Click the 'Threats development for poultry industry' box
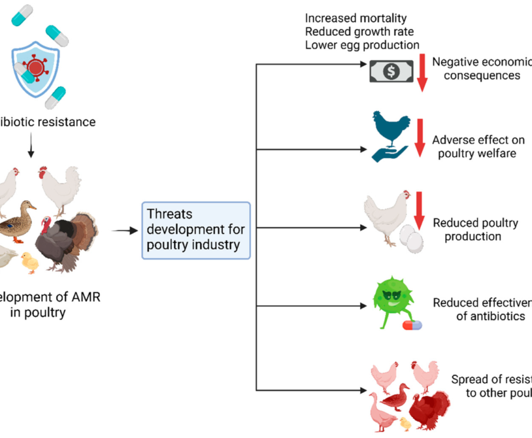(x=196, y=230)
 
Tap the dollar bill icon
(x=390, y=71)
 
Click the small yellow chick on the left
(x=29, y=263)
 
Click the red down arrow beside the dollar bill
(x=422, y=72)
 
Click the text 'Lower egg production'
(x=361, y=44)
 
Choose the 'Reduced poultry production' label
(x=475, y=229)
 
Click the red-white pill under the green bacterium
(x=412, y=324)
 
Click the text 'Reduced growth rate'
(x=359, y=31)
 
